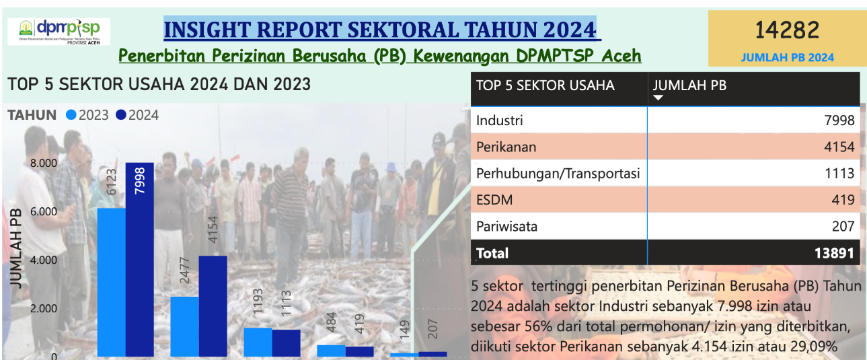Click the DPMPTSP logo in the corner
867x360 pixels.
click(59, 32)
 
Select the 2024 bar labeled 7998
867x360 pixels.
click(139, 259)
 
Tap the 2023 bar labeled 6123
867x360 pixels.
click(111, 282)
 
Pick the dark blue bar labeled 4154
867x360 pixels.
click(213, 305)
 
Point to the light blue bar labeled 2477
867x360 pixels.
click(184, 326)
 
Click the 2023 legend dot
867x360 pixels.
click(71, 115)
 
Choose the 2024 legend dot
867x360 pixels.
click(121, 115)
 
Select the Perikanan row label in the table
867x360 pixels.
click(506, 147)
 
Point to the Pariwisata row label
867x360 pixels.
click(506, 226)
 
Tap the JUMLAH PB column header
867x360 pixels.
click(689, 85)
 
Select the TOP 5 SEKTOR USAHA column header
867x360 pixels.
click(545, 85)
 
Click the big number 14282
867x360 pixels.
click(786, 30)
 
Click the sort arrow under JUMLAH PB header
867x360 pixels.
click(658, 98)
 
